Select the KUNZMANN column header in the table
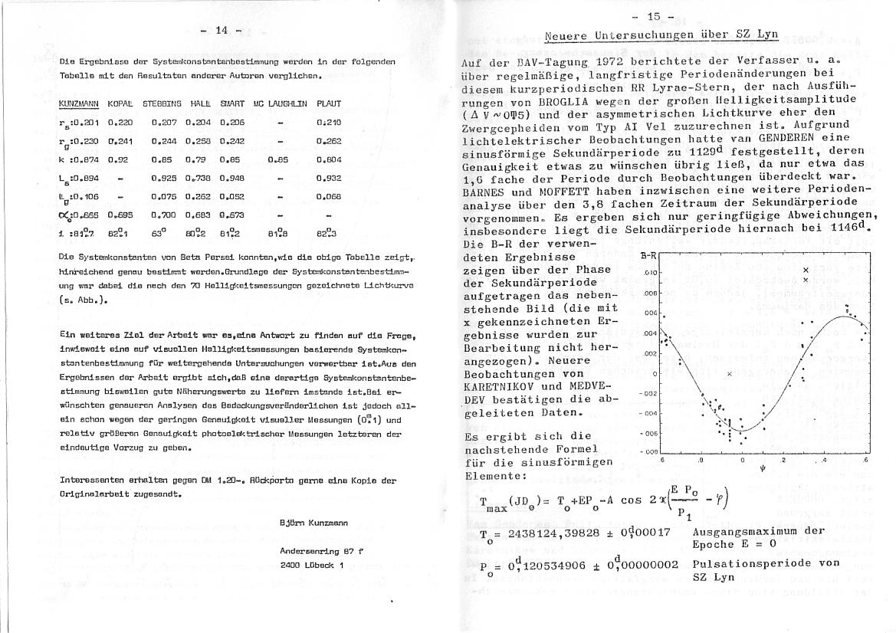pos(79,103)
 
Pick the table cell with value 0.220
pos(120,122)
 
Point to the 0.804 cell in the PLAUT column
pos(329,159)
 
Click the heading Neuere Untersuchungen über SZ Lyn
pos(651,35)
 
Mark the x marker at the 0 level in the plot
pos(730,373)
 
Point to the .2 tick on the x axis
pos(783,460)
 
